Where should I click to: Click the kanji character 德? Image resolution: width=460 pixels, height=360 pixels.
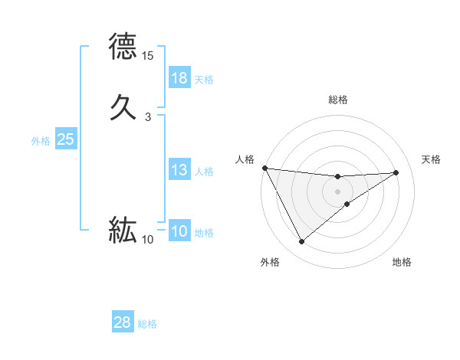pos(123,47)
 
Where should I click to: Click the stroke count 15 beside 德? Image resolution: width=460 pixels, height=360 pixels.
pos(148,57)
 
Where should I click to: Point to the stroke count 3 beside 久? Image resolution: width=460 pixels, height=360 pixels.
pos(148,117)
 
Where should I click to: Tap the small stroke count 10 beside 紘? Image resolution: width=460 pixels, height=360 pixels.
pos(148,240)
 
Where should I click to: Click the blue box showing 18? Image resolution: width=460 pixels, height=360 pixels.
pos(179,78)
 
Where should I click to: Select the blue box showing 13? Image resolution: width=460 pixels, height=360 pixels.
pos(179,170)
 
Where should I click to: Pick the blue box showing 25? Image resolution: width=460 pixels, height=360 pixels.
pos(65,139)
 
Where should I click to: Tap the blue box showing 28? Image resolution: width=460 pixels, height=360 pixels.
pos(123,322)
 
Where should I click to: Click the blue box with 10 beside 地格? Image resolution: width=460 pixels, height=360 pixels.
pos(179,231)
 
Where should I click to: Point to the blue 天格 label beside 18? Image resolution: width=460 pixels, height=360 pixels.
pos(204,80)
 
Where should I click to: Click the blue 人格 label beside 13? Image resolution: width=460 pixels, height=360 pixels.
pos(204,172)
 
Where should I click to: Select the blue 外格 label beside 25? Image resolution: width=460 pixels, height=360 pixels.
pos(40,141)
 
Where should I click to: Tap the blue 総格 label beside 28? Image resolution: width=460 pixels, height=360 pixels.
pos(147,324)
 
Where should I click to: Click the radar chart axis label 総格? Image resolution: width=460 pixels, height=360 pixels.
pos(338,100)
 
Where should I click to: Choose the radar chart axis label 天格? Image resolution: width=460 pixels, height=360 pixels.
pos(432,159)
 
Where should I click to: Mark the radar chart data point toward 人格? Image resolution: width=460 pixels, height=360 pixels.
pos(264,168)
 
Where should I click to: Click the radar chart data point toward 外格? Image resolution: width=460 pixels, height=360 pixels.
pos(301,242)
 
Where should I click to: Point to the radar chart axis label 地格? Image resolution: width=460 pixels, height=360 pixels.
pos(402,262)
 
